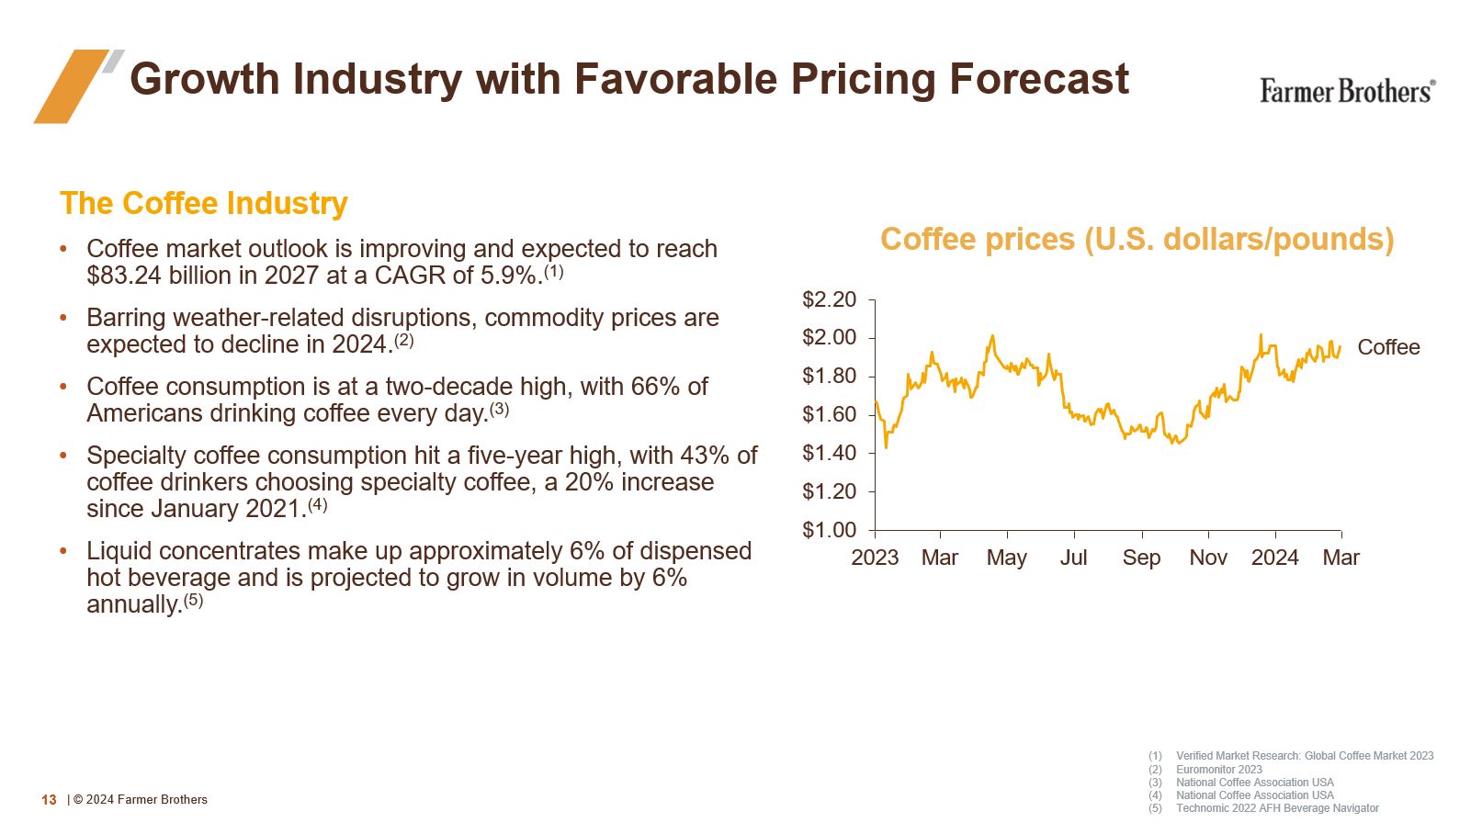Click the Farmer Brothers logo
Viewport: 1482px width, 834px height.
(x=1346, y=91)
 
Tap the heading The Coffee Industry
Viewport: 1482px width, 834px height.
(x=204, y=203)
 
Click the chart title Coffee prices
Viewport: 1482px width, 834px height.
(x=1137, y=239)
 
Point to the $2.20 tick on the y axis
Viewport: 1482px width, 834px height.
(x=829, y=299)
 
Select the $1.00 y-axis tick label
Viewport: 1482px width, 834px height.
(x=829, y=530)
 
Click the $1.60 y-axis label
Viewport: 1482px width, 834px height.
(x=829, y=414)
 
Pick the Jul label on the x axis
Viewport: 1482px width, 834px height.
(x=1073, y=558)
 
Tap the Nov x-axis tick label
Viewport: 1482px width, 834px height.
(x=1208, y=558)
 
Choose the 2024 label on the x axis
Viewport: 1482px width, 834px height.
(x=1274, y=558)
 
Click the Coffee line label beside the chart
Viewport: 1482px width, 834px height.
(x=1388, y=347)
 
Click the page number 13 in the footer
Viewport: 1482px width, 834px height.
(x=49, y=800)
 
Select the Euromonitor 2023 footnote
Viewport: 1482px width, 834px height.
(x=1218, y=770)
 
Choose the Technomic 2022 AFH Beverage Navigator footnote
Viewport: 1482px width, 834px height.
(x=1277, y=808)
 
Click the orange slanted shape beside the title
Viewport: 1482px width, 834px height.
(x=70, y=86)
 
